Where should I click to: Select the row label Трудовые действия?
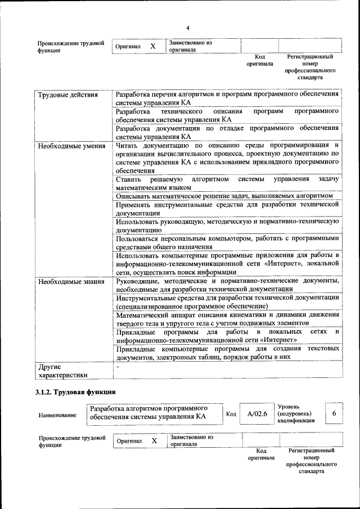[67, 94]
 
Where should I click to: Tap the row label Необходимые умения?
[71, 146]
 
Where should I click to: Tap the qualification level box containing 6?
[334, 413]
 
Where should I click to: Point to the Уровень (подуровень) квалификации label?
[296, 413]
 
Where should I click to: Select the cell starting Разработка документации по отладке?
[227, 132]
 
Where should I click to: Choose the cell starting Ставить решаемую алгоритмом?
[227, 183]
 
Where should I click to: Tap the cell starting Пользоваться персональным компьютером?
[227, 242]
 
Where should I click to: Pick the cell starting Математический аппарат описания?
[227, 319]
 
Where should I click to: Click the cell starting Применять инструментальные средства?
[227, 209]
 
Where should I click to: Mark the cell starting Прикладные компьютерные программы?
[227, 353]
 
